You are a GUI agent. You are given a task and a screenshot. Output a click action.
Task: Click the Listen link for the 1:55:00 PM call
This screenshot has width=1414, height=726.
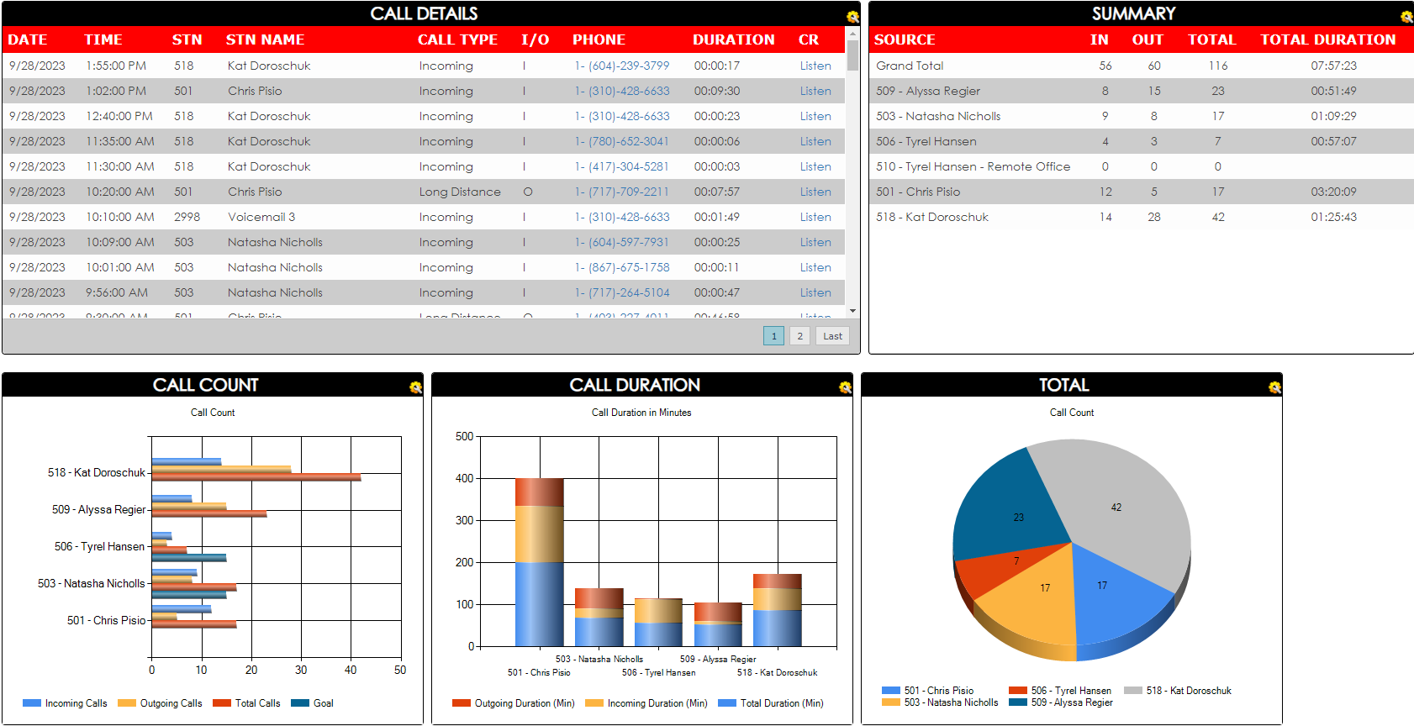pos(815,66)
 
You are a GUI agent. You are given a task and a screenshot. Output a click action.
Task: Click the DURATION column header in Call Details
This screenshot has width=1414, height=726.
pos(733,39)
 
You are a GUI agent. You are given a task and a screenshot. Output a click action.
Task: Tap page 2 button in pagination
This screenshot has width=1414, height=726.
pos(799,336)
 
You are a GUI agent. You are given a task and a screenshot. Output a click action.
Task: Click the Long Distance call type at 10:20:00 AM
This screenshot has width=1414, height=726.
pos(459,192)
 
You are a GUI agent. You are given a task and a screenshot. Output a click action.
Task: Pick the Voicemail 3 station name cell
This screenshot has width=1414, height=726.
pos(261,217)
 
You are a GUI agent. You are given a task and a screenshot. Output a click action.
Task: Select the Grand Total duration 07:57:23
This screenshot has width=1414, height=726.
pos(1333,66)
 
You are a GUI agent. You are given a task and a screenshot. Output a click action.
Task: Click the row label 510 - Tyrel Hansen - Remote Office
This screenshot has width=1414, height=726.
pos(973,166)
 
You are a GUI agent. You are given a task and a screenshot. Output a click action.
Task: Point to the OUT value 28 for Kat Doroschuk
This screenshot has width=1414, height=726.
pos(1153,217)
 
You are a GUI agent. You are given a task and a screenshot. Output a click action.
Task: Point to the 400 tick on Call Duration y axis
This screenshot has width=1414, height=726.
pos(464,478)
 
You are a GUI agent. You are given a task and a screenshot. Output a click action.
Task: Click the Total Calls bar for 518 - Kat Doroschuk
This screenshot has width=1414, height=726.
pos(256,477)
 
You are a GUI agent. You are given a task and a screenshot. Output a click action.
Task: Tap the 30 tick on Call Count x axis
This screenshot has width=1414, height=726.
pos(301,670)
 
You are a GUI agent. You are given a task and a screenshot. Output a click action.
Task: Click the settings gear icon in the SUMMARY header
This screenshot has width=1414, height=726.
pos(1406,16)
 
